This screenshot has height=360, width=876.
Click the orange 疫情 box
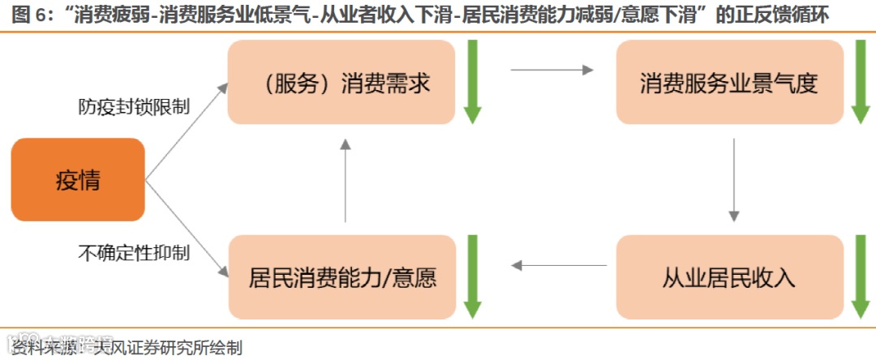pyautogui.click(x=78, y=180)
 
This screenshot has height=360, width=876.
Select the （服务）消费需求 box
pyautogui.click(x=341, y=83)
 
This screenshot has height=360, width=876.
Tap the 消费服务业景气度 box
pyautogui.click(x=729, y=83)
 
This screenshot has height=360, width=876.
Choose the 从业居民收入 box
pyautogui.click(x=729, y=277)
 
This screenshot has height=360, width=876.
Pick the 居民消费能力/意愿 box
pyautogui.click(x=341, y=277)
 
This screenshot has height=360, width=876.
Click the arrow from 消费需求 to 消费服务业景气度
pyautogui.click(x=552, y=71)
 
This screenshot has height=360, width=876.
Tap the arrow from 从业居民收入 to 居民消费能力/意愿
pyautogui.click(x=560, y=265)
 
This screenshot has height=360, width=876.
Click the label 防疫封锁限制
pyautogui.click(x=134, y=106)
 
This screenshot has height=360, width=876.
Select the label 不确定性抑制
pyautogui.click(x=134, y=252)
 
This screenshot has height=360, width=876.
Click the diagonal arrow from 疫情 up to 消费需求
pyautogui.click(x=187, y=129)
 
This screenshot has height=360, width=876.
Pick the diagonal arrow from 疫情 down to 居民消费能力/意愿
pyautogui.click(x=187, y=229)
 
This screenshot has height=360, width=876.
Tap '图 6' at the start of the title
pyautogui.click(x=29, y=15)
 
